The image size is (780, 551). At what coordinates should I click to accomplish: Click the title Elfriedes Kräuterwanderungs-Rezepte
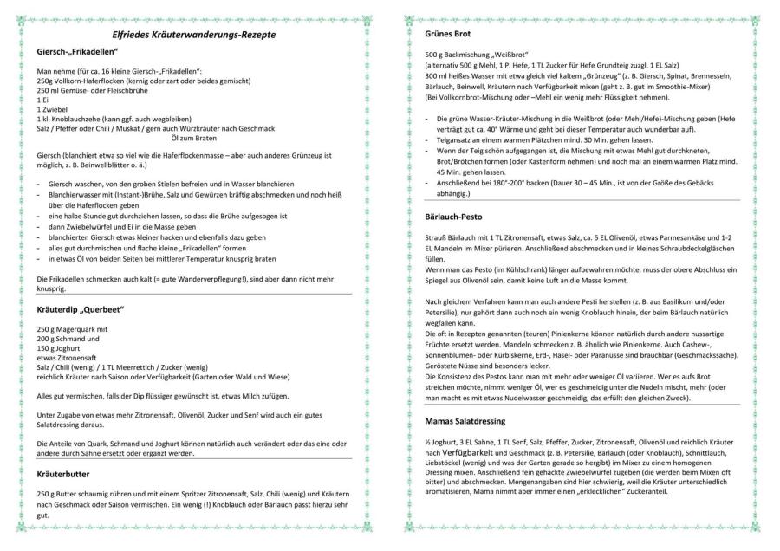[x=194, y=34]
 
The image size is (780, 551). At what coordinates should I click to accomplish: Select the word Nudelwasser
[x=552, y=399]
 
